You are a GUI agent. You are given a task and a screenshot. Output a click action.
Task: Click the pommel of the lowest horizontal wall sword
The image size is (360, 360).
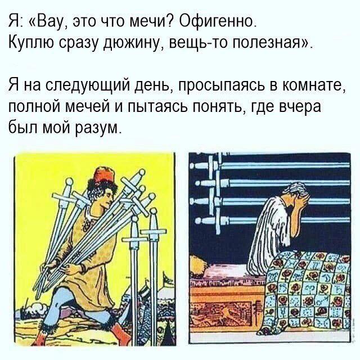pyautogui.click(x=199, y=221)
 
